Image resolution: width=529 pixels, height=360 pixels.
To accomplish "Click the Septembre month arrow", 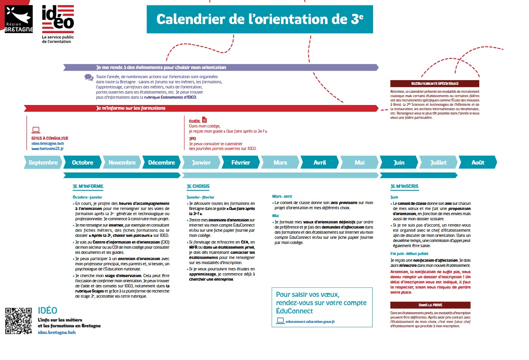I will coord(43,163).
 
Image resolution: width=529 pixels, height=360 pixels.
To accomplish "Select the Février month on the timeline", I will coord(240,163).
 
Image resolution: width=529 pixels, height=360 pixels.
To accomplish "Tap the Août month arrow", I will coord(477,163).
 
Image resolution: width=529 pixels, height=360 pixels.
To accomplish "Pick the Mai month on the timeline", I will coord(359,163).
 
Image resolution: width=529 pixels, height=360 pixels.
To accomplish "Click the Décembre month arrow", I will coord(161,163).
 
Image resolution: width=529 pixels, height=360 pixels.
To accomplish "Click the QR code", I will coord(19,321).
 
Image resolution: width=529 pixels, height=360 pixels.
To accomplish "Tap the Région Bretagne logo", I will coord(19,19).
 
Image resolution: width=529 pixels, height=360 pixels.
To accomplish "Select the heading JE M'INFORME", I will coord(88,186).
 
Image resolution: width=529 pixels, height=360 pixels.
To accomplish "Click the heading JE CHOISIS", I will coord(198,186).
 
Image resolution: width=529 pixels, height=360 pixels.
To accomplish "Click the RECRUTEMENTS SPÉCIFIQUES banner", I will coord(435,84).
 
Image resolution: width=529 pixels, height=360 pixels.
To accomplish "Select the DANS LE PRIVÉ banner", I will coord(430,305).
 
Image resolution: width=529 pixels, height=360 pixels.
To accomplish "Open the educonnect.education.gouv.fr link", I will coord(310,322).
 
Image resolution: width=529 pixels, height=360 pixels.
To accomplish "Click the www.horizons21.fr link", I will coord(47,149).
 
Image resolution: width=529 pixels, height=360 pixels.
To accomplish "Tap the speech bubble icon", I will coord(89,77).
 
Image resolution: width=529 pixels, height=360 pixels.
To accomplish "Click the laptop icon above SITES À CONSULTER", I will coord(36,130).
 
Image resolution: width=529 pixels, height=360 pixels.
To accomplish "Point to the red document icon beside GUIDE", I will coord(204,120).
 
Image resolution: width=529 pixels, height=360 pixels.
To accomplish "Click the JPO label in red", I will coord(192,139).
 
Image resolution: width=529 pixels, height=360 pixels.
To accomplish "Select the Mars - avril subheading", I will coord(282,196).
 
